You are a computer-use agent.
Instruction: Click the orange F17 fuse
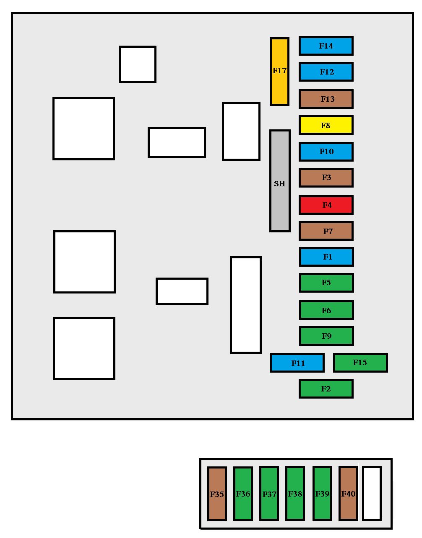click(x=279, y=72)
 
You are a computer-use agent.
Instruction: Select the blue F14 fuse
click(x=326, y=46)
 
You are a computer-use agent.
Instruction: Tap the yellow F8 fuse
click(x=326, y=125)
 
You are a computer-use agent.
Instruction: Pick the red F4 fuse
click(x=326, y=205)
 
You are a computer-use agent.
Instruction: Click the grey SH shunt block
click(x=280, y=181)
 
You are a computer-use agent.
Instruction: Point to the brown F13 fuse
click(x=326, y=99)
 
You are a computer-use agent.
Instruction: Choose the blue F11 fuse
click(x=297, y=363)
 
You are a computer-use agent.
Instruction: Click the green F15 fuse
click(x=360, y=363)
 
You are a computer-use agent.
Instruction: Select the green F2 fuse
click(x=326, y=389)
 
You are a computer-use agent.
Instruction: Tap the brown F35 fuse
click(x=217, y=494)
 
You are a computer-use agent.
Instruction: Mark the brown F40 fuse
click(x=348, y=494)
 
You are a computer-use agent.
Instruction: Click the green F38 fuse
click(x=295, y=494)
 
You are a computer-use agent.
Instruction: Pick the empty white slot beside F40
click(x=372, y=494)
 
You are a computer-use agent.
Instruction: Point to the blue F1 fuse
click(x=326, y=257)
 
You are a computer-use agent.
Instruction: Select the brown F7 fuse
click(x=326, y=231)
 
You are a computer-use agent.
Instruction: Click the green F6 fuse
click(x=326, y=310)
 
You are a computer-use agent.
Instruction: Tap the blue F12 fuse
click(x=326, y=72)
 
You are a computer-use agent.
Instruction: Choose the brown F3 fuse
click(x=326, y=178)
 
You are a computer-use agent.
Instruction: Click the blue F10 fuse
click(x=326, y=152)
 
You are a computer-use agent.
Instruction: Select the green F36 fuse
click(x=243, y=494)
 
